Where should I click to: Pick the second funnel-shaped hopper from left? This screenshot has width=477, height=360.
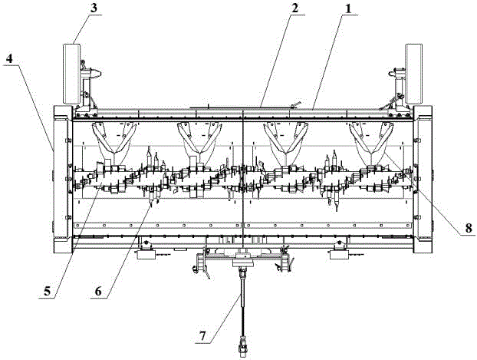tap(197, 138)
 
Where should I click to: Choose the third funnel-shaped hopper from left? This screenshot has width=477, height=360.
tap(285, 138)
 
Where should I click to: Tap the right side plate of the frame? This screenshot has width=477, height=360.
tap(425, 180)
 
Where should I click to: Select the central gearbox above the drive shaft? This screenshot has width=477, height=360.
tap(242, 261)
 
